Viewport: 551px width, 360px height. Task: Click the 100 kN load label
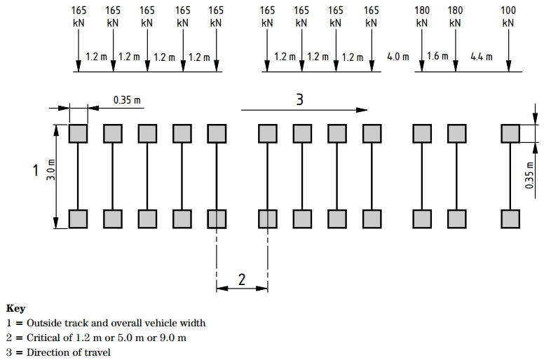click(x=508, y=17)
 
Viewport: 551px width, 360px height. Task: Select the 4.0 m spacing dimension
click(x=398, y=57)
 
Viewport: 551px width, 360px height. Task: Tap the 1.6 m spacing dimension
click(x=437, y=56)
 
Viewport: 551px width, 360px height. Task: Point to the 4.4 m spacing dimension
click(x=482, y=57)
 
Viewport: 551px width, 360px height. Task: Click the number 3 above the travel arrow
click(x=299, y=99)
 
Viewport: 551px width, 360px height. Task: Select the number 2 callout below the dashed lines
click(x=242, y=279)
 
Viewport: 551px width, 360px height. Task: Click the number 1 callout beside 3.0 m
click(x=36, y=170)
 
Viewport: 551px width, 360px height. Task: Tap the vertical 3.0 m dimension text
click(x=51, y=170)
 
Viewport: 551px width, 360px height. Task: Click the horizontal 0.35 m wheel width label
click(x=127, y=100)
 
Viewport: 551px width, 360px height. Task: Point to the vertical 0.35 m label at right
click(x=529, y=175)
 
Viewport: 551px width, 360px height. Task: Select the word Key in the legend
click(x=16, y=308)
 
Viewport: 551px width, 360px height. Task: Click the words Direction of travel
click(x=69, y=352)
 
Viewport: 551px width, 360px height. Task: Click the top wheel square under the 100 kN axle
click(x=510, y=134)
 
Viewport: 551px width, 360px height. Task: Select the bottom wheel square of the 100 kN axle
click(x=510, y=219)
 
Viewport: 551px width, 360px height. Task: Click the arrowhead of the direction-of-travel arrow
click(x=362, y=110)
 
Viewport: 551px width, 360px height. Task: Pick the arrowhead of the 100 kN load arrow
click(x=508, y=66)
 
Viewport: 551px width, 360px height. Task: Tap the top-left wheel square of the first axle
click(x=78, y=134)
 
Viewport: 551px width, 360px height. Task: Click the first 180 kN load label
click(x=422, y=17)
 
